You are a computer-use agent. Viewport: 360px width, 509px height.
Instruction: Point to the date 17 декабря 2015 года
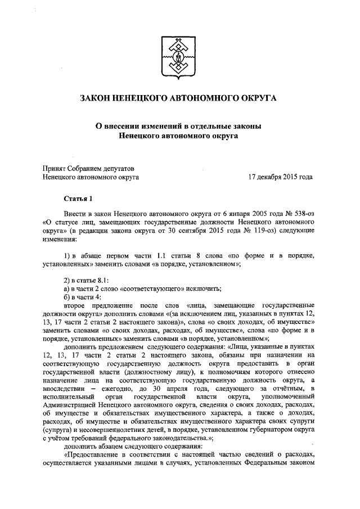tap(281, 177)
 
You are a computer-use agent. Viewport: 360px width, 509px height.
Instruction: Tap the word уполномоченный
tap(287, 398)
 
